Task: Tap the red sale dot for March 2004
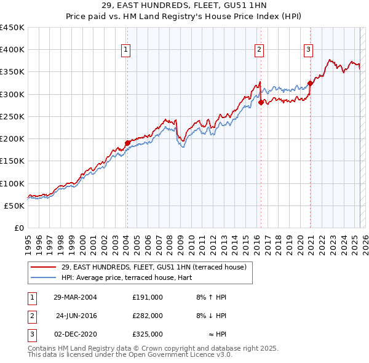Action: (127, 143)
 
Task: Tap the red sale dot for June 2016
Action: (261, 103)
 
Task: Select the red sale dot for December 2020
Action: (310, 84)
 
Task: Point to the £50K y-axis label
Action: (15, 205)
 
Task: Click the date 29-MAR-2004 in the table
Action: (76, 297)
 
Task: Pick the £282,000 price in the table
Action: (148, 316)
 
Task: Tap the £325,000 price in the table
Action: (148, 334)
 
